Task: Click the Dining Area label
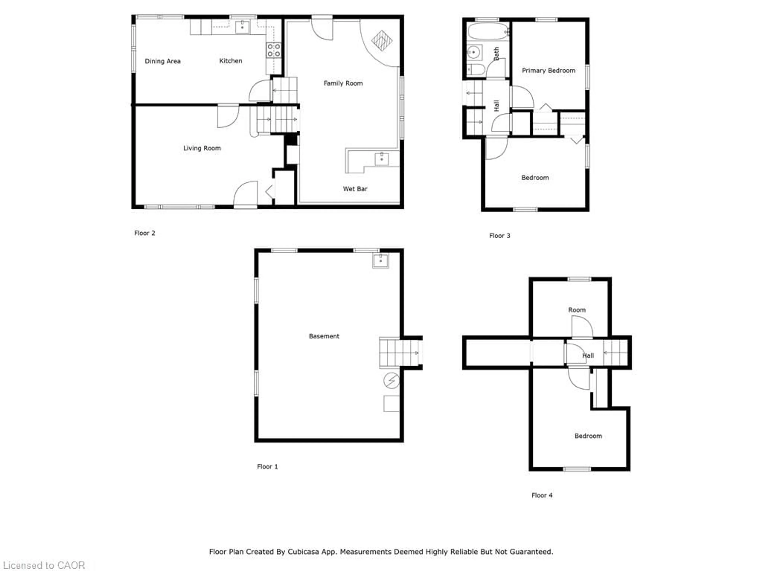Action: pos(163,61)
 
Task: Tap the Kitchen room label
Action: pos(231,61)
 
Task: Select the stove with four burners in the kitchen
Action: pos(273,50)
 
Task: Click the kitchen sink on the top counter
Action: pos(242,27)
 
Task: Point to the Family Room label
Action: pos(343,83)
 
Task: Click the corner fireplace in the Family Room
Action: pos(382,40)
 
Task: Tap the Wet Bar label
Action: pos(355,189)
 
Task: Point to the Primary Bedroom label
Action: pos(548,71)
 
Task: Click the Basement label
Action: pos(324,336)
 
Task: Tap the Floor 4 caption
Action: pos(542,495)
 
